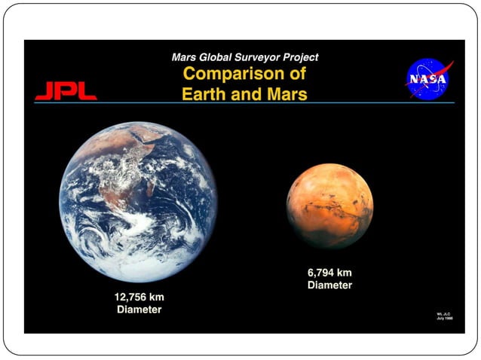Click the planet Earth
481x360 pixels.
[x=138, y=202]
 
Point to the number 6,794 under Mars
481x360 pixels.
[x=320, y=273]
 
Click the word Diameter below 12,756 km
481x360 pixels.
[x=139, y=310]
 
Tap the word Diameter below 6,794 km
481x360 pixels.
[x=330, y=285]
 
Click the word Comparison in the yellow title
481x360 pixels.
[x=230, y=75]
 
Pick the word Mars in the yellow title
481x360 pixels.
[x=287, y=95]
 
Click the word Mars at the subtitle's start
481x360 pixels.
[x=185, y=57]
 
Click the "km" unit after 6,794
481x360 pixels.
[x=345, y=273]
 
